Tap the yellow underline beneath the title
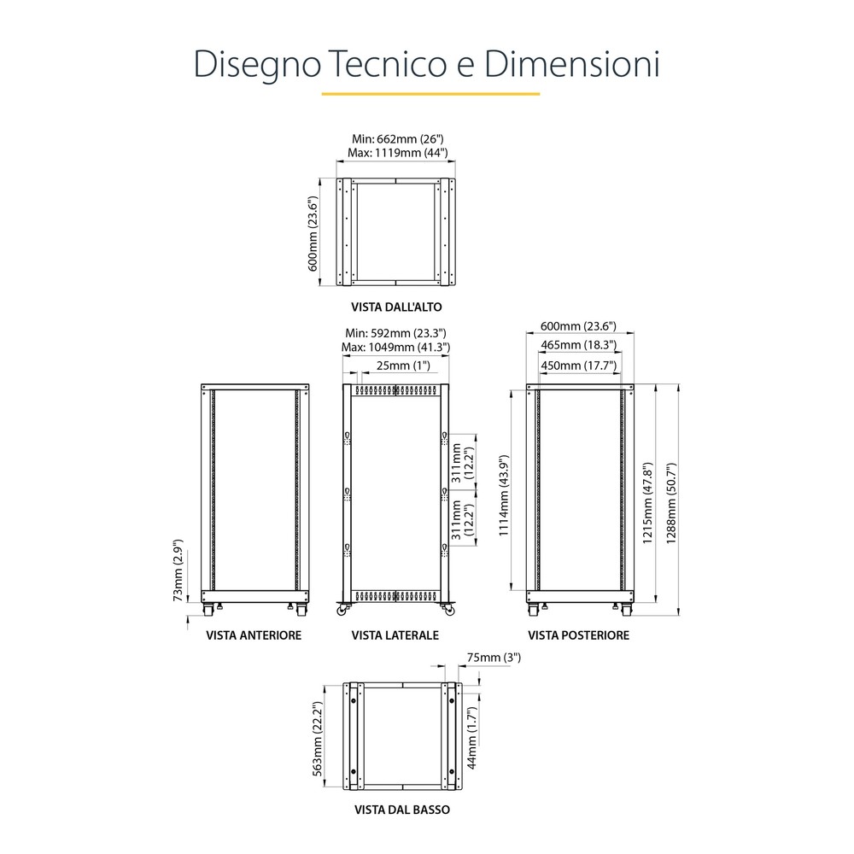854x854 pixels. [430, 94]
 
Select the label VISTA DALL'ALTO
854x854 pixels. [396, 307]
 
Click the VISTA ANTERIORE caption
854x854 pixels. [254, 635]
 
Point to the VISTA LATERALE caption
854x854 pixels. [395, 635]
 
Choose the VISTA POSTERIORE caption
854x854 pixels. [578, 635]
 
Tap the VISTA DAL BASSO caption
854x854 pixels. [402, 810]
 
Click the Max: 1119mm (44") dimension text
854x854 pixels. [398, 153]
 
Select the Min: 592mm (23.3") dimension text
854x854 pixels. [395, 333]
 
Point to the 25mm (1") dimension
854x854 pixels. [403, 366]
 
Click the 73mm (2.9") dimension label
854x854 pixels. [178, 570]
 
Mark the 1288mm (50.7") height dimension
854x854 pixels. [671, 503]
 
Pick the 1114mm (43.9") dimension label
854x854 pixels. [504, 495]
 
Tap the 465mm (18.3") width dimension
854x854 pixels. [578, 345]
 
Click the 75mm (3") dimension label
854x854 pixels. [494, 658]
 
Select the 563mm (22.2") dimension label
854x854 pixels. [318, 739]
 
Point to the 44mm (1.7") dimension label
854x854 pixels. [471, 738]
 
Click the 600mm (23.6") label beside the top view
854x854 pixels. [313, 234]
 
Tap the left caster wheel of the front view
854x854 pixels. [208, 610]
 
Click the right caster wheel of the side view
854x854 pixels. [449, 611]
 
